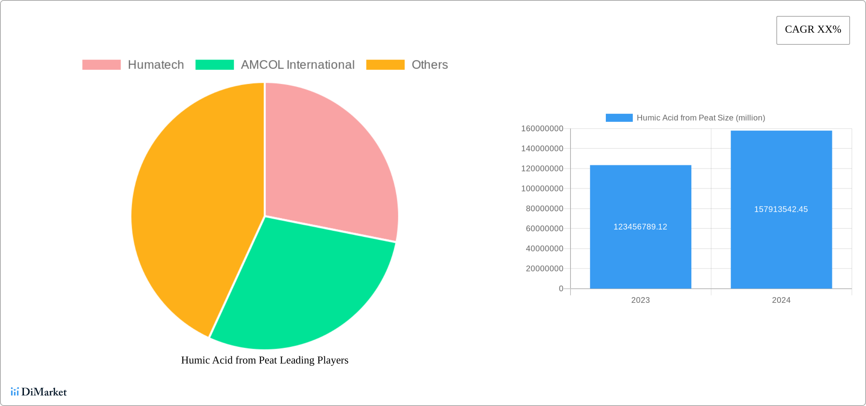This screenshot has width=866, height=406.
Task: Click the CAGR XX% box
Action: (813, 30)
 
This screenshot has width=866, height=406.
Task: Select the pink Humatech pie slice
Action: (327, 159)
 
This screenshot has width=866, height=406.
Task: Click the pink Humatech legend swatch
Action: (101, 65)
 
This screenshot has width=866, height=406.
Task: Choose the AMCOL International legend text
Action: (297, 65)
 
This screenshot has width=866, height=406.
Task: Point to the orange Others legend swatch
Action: (385, 65)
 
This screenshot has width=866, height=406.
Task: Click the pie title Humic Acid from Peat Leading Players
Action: (264, 360)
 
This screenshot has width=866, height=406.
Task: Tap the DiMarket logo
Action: (39, 392)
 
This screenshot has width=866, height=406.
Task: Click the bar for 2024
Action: (781, 171)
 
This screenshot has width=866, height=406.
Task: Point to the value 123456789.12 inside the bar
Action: (640, 227)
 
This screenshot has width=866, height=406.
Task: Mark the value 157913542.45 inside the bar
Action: (781, 209)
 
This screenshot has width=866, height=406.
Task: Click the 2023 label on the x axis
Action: (640, 300)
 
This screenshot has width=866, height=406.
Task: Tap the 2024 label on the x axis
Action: (781, 300)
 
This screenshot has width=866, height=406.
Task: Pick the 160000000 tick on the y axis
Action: (542, 129)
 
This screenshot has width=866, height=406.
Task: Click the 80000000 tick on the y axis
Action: (544, 209)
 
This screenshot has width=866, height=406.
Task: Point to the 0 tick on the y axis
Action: (561, 289)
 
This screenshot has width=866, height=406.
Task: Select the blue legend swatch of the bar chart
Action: (619, 118)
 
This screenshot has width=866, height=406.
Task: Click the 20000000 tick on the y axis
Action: (544, 269)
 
